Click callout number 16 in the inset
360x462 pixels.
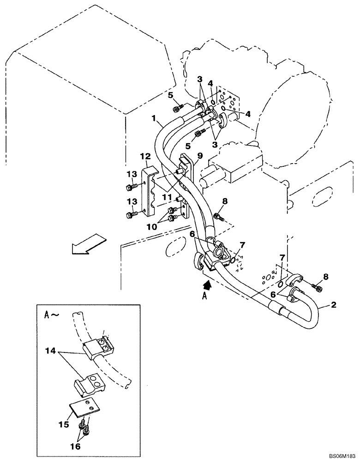tap(75, 446)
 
